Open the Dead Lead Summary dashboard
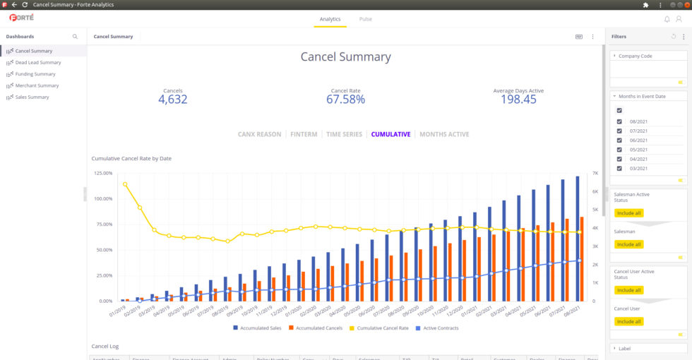coord(38,62)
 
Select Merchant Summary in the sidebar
coord(37,85)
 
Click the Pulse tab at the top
coord(365,19)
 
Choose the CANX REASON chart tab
coord(259,134)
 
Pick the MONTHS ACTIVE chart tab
coord(444,134)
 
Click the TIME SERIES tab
coord(344,134)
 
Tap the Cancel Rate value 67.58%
coord(345,100)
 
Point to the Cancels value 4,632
coord(172,100)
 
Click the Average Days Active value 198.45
coord(518,100)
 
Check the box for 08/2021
coord(619,121)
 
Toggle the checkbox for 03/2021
coord(619,168)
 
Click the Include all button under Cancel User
coord(628,322)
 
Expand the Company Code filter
coord(635,56)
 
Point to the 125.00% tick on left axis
coord(102,173)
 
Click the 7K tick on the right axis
coord(595,173)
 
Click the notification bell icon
coord(667,19)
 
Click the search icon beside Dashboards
coord(76,37)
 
